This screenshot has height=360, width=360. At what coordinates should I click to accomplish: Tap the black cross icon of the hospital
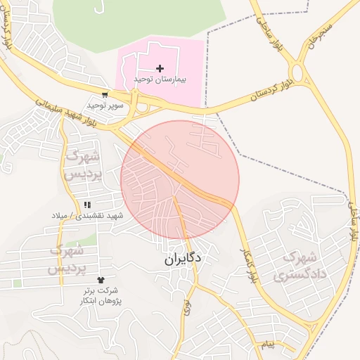coord(160,68)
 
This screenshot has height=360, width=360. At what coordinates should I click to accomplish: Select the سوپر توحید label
coord(105,105)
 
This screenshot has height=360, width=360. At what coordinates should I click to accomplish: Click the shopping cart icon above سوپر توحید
coord(105,95)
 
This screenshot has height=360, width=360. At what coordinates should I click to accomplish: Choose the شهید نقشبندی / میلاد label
coord(86,215)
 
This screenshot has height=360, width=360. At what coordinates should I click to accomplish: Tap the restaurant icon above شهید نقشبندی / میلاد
coord(87,205)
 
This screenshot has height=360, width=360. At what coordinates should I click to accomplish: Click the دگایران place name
coord(184,259)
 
